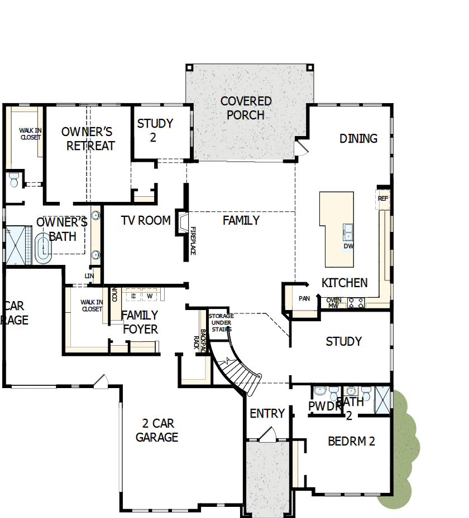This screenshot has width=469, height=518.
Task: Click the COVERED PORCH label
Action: point(246,108)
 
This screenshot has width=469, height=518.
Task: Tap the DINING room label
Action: point(358,138)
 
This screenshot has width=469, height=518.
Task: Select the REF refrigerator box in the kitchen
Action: point(383,199)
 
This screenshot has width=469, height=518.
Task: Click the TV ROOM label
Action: point(146,221)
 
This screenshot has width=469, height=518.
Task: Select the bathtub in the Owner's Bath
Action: point(42,249)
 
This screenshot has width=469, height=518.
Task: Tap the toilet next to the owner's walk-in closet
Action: point(14,180)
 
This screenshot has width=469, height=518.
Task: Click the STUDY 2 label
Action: point(155,130)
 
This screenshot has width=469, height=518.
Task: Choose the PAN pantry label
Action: point(304,299)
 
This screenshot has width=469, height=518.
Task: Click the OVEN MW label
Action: point(334,303)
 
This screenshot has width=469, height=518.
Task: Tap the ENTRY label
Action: point(267,414)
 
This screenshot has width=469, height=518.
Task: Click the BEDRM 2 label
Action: point(351,442)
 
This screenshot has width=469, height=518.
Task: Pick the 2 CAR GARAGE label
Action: point(157,430)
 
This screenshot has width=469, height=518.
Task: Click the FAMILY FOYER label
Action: point(140,322)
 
